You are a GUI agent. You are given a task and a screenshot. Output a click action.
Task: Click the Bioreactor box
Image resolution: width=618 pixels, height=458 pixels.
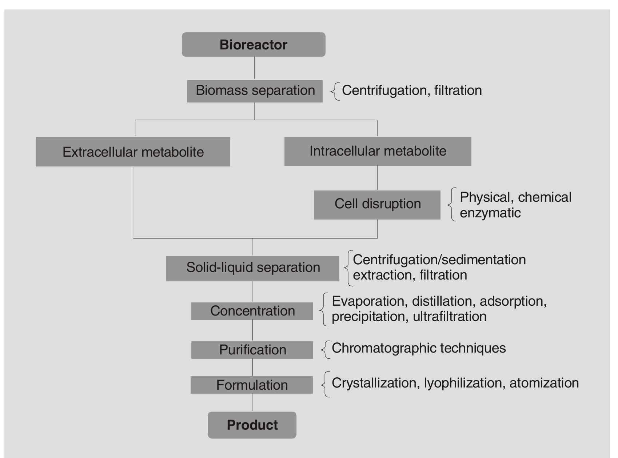254,45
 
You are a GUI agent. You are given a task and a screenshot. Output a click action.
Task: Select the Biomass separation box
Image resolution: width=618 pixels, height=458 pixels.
255,91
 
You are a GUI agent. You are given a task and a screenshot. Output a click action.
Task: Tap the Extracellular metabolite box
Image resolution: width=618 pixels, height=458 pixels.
133,152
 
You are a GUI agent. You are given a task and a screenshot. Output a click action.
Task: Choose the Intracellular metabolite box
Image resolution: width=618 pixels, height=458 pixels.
378,151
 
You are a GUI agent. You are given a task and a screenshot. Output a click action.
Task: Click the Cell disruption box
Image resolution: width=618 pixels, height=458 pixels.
377,204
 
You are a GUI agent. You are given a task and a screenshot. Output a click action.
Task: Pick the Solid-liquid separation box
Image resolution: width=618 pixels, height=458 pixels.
253,268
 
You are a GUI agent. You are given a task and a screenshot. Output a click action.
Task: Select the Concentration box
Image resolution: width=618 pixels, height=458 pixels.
252,311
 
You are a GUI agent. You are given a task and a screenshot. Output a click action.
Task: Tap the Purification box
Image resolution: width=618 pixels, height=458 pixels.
252,350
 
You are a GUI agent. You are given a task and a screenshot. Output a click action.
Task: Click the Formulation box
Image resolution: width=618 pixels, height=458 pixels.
252,385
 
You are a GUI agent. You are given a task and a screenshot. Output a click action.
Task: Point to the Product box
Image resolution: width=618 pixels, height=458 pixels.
252,425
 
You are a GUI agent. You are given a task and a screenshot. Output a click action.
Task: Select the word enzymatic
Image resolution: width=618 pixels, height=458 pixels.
490,213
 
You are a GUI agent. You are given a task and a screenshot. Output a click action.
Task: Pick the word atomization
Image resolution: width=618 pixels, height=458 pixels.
544,383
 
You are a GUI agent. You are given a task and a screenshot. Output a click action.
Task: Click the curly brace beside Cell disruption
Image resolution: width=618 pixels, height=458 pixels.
452,204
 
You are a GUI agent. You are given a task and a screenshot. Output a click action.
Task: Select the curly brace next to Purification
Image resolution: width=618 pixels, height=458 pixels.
325,350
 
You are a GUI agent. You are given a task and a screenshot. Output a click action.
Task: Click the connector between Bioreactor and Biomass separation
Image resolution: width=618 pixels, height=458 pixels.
254,68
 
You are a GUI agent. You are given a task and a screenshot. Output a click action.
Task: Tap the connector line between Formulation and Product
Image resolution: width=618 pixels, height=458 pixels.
253,402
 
